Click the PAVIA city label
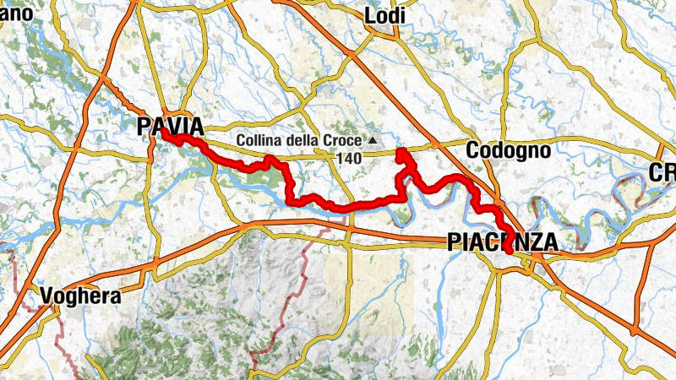point(170,127)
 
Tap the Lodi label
point(384,16)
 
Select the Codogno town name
point(508,150)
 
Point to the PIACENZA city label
point(501,243)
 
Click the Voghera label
point(80,297)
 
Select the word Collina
point(259,139)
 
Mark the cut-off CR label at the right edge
point(662,172)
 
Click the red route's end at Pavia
point(162,133)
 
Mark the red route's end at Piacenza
point(508,250)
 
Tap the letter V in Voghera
point(47,297)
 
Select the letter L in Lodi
point(369,16)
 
